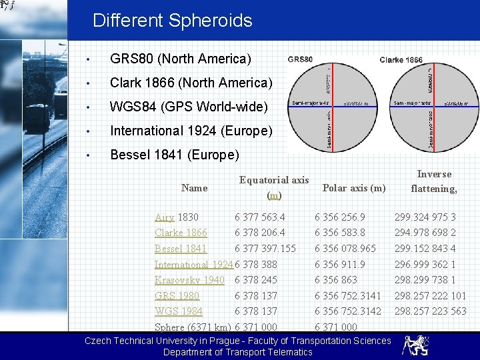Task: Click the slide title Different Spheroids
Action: click(x=172, y=21)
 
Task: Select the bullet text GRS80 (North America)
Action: click(x=180, y=59)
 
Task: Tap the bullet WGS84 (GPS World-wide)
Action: click(x=189, y=107)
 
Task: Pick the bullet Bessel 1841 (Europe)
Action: click(x=174, y=155)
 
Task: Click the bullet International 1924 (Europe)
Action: click(x=191, y=131)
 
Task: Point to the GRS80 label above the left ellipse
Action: click(x=300, y=59)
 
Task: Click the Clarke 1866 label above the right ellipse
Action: click(x=401, y=60)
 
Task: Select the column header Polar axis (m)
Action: click(x=354, y=188)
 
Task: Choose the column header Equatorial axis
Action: click(x=274, y=180)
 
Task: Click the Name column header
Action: click(x=194, y=188)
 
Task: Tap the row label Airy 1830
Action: click(x=176, y=217)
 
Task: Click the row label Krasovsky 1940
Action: click(x=189, y=280)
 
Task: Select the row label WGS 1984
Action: click(x=179, y=311)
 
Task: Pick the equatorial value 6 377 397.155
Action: click(x=265, y=249)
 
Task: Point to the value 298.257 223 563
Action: click(x=430, y=311)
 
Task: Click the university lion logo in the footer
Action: click(x=415, y=345)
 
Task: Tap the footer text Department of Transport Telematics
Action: click(x=238, y=352)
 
